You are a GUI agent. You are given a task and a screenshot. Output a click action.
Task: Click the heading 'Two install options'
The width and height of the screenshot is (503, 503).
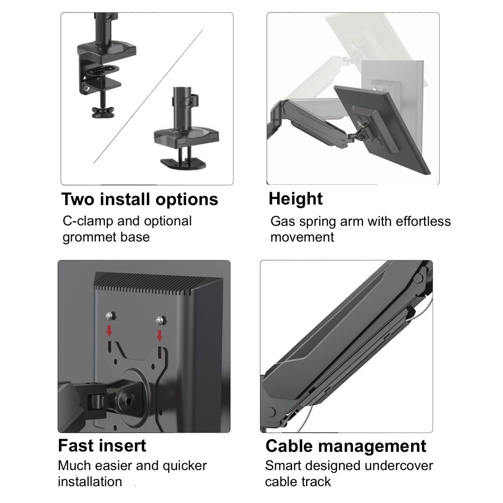click(x=139, y=199)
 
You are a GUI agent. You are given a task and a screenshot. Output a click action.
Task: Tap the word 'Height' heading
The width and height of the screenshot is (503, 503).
click(x=295, y=199)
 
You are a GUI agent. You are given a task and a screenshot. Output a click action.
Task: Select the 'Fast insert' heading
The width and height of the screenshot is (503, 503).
click(x=102, y=446)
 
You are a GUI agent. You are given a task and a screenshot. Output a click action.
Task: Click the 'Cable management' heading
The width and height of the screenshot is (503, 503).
click(x=346, y=446)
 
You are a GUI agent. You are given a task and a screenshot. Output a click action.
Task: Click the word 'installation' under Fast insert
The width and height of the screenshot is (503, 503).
click(x=90, y=482)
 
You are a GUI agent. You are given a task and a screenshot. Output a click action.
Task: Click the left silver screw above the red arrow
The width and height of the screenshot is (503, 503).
click(x=109, y=315)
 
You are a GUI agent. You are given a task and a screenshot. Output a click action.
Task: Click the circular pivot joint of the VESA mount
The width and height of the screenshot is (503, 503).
click(x=129, y=400)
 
